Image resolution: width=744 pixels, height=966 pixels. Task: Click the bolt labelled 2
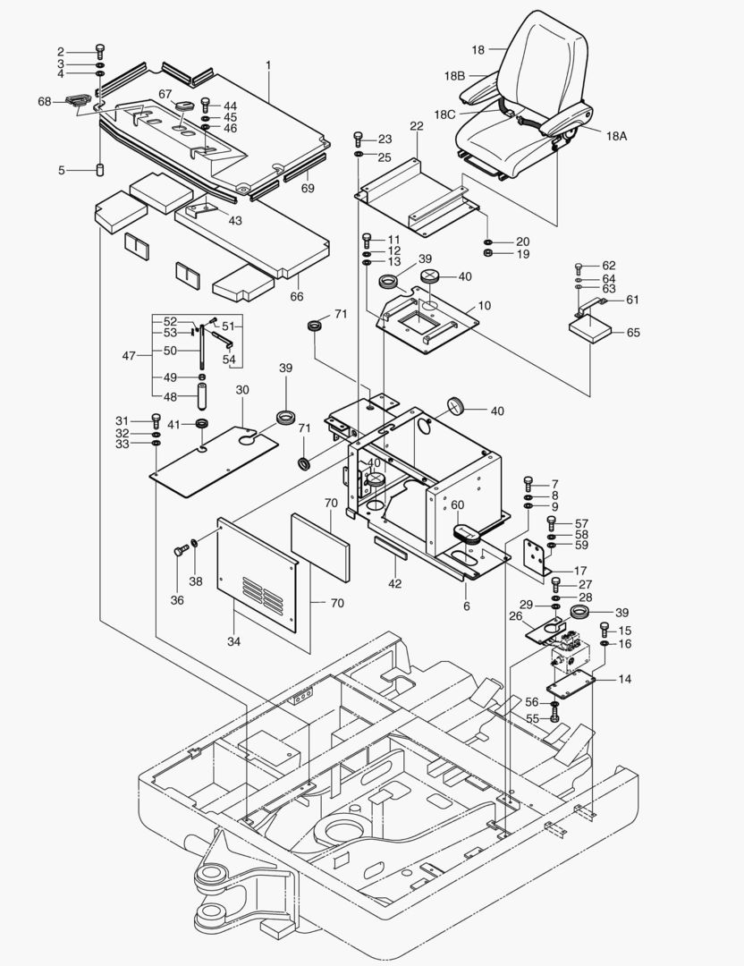click(x=99, y=50)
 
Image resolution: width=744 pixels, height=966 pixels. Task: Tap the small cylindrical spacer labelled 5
click(x=100, y=170)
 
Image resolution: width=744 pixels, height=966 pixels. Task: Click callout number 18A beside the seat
click(x=616, y=136)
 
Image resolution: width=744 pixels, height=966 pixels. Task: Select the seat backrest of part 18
click(x=545, y=63)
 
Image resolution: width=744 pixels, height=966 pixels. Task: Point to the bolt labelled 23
click(x=359, y=139)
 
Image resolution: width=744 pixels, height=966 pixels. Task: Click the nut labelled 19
click(x=488, y=254)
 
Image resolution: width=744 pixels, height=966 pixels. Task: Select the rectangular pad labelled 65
click(x=590, y=329)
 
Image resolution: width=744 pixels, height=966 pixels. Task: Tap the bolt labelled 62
click(x=579, y=266)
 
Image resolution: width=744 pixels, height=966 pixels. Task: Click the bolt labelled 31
click(x=156, y=419)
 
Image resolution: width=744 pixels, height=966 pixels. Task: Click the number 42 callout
click(x=393, y=584)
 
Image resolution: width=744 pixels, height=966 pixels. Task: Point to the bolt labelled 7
click(x=528, y=483)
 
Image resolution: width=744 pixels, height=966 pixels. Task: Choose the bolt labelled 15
click(x=604, y=629)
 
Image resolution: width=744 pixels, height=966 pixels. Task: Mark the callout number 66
click(x=297, y=296)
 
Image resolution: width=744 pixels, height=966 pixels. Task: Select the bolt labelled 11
click(x=367, y=239)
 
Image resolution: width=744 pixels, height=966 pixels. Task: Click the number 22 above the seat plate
click(x=416, y=127)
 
